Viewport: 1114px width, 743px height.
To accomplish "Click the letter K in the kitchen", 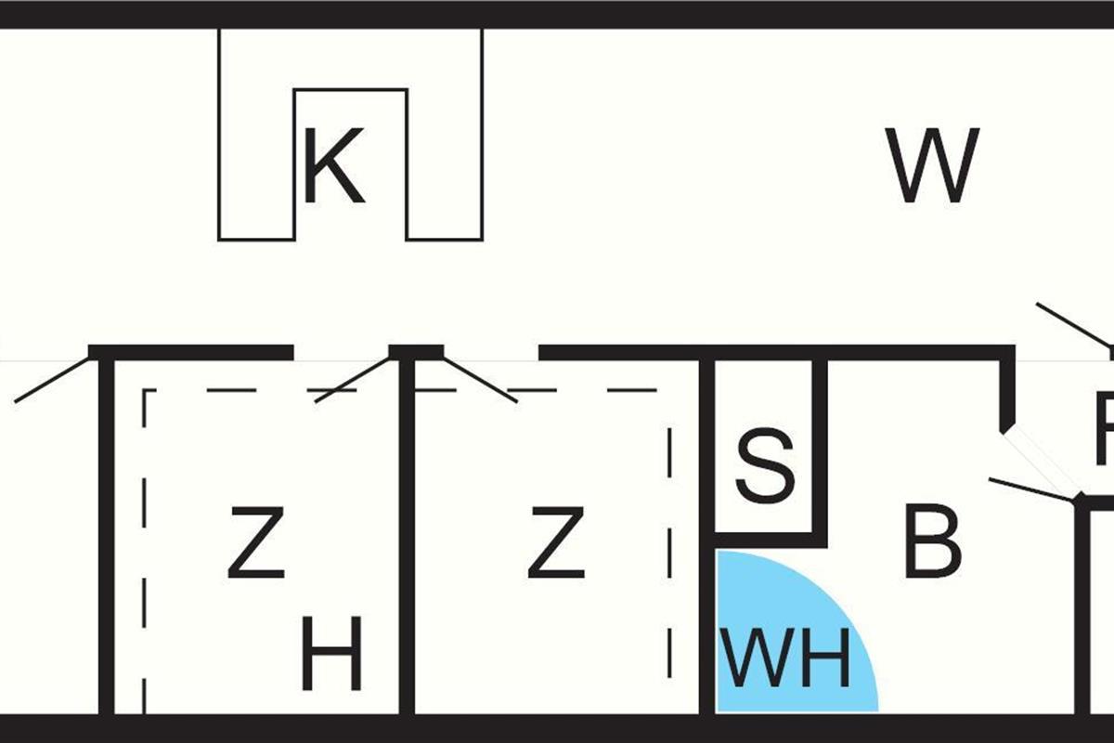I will pyautogui.click(x=333, y=168).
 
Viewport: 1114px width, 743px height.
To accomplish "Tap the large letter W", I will pyautogui.click(x=932, y=166).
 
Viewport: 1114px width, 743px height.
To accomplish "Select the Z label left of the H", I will pyautogui.click(x=255, y=541).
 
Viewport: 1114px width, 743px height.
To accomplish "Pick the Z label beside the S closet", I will pyautogui.click(x=556, y=541).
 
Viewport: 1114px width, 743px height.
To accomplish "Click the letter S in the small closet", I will pyautogui.click(x=765, y=464).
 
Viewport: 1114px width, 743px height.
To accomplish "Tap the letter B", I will pyautogui.click(x=932, y=541).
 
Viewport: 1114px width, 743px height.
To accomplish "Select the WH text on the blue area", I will pyautogui.click(x=786, y=658).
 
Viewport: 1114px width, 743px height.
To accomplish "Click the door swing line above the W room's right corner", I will pyautogui.click(x=1073, y=324).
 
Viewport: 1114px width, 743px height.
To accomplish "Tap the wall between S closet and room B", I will pyautogui.click(x=820, y=446).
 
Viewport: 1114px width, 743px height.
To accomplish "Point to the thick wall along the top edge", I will pyautogui.click(x=557, y=14).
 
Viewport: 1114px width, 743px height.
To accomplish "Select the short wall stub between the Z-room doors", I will pyautogui.click(x=416, y=352).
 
